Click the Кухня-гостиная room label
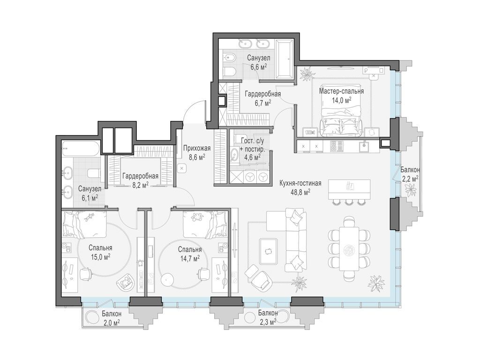point(300,183)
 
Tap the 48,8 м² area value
point(300,192)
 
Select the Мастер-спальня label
point(341,91)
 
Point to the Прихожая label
point(197,149)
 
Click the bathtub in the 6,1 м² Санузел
point(81,149)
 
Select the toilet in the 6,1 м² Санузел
point(94,173)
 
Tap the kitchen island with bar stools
point(349,190)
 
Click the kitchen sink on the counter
point(365,146)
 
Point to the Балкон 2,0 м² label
point(112,318)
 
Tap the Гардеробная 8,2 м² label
point(140,180)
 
